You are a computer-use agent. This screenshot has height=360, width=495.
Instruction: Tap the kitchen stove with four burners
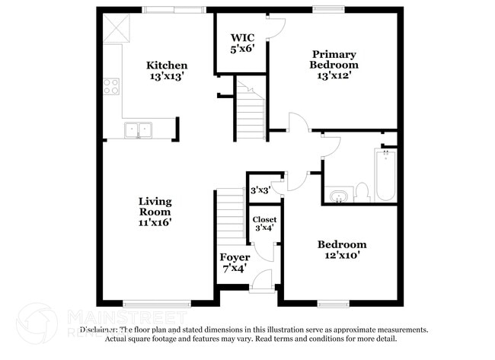point(112,86)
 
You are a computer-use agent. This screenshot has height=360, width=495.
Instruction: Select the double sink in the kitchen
point(139,130)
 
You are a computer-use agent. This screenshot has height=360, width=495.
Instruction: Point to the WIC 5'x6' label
point(242,43)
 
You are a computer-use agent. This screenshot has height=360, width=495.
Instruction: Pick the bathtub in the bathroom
point(385,175)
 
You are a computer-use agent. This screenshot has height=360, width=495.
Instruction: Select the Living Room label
point(155,212)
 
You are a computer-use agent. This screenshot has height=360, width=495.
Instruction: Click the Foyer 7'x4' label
point(234,263)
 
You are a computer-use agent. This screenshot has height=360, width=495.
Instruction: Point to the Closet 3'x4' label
point(265,224)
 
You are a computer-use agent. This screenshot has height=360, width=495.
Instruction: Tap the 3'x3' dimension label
point(260,190)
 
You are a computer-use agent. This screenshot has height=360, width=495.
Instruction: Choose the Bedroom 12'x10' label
point(342,250)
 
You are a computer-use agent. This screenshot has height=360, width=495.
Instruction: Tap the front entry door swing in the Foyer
point(263,280)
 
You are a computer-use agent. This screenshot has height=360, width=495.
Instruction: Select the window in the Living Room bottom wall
point(157,303)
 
